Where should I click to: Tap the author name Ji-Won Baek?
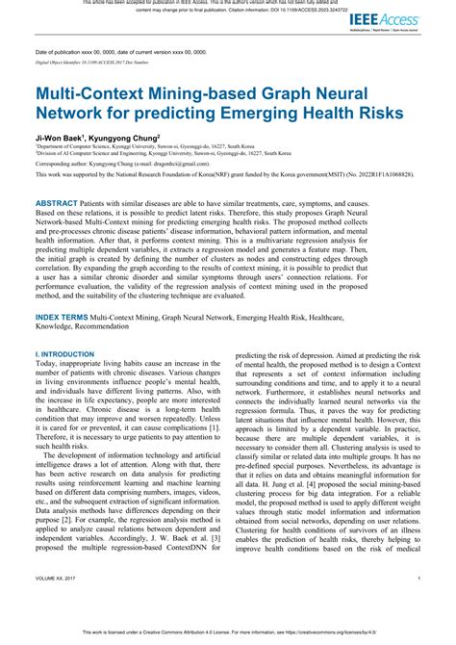[x=57, y=138]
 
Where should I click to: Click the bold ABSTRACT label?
[x=63, y=204]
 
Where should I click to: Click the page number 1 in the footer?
[x=420, y=606]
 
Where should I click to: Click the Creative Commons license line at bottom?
[x=228, y=632]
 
